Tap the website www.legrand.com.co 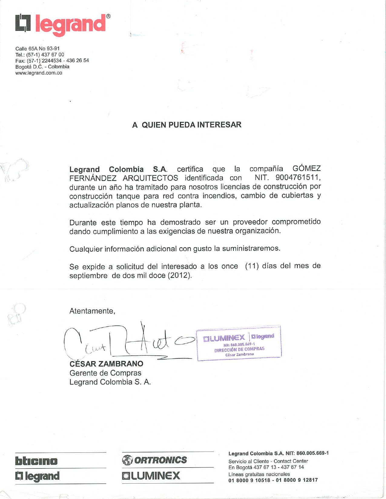39,73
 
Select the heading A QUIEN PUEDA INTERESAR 186,125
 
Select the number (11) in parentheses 252,266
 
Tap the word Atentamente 92,311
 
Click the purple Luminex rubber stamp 239,343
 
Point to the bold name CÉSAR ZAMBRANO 106,364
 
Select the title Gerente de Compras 105,373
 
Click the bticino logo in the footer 36,461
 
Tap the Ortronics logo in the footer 155,460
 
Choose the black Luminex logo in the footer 151,476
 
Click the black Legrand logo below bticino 38,476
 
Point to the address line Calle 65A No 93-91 38,49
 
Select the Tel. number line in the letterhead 40,55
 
